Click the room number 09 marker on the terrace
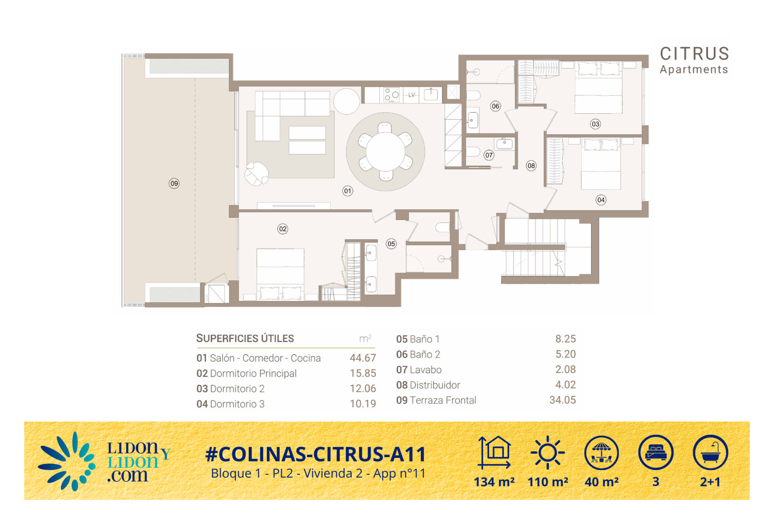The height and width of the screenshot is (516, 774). (x=174, y=183)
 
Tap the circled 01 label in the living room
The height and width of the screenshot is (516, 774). (x=347, y=191)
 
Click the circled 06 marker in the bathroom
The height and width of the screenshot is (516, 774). (x=495, y=106)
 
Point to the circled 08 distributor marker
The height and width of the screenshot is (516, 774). (x=531, y=166)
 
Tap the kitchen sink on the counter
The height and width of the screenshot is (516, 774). (x=431, y=94)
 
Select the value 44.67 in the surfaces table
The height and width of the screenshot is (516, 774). (x=363, y=358)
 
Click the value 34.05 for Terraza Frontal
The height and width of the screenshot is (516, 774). (x=563, y=400)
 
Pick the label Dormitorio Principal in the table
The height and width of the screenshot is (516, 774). (x=253, y=374)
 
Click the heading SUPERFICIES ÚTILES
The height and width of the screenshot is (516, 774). (x=245, y=338)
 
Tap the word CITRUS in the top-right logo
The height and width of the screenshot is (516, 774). (x=694, y=54)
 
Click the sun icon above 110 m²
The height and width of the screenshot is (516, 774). (x=547, y=453)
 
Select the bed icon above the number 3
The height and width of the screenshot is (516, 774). (x=656, y=452)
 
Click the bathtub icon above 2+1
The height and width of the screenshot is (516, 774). (x=710, y=452)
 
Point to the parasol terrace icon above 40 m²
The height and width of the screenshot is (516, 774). (x=601, y=453)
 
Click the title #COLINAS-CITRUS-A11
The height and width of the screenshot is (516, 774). (x=316, y=454)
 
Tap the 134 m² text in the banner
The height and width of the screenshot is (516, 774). (x=494, y=482)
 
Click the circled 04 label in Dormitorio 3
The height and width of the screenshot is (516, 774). (x=601, y=200)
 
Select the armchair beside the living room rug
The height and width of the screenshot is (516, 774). (x=256, y=173)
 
